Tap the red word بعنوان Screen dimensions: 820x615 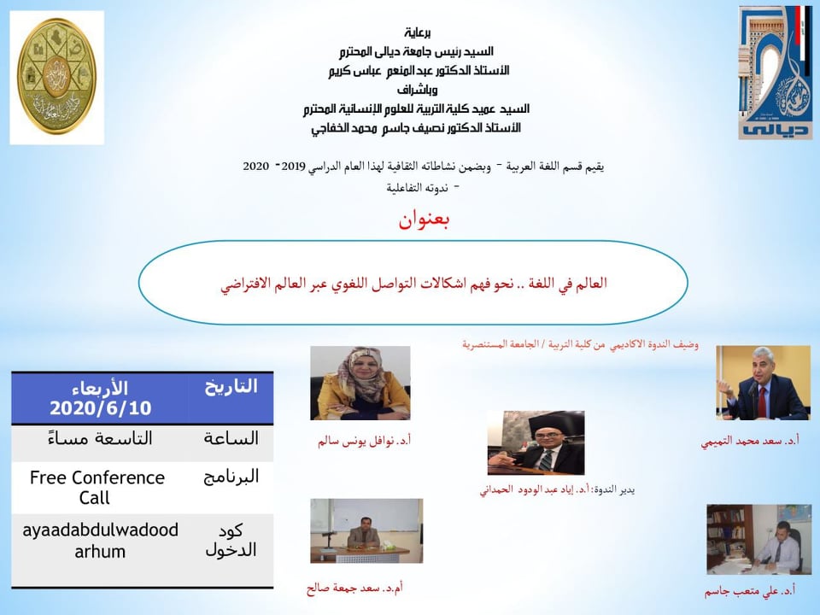(x=424, y=220)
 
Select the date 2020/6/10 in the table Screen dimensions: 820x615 (x=101, y=408)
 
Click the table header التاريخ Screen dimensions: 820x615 (x=231, y=386)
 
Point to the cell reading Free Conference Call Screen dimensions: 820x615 (x=97, y=488)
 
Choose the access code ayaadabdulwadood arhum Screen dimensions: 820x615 (x=100, y=540)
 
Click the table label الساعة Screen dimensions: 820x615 (x=231, y=437)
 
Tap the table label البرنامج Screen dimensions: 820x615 (x=231, y=477)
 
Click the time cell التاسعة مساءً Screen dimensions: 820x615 (x=100, y=437)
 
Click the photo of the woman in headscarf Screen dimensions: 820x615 (x=360, y=383)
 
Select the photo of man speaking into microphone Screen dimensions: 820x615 (x=763, y=383)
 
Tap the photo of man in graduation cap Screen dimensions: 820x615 (x=536, y=443)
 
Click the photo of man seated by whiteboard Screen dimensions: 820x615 (x=366, y=530)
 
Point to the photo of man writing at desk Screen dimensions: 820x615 (x=758, y=539)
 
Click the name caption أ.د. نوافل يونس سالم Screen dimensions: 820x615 (x=364, y=442)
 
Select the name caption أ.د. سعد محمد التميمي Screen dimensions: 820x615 (x=750, y=442)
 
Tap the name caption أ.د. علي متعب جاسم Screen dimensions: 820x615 (x=749, y=591)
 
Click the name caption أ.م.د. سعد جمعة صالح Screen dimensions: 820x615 (x=354, y=589)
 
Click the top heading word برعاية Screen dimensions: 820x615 (x=418, y=32)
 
